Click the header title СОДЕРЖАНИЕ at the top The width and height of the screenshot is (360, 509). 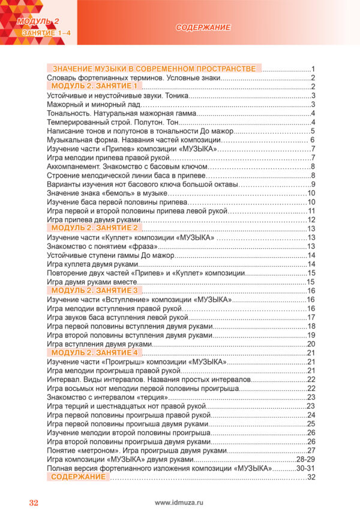[x=204, y=28]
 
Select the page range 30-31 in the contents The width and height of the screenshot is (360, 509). [x=306, y=468]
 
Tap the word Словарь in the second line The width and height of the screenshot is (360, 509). [x=62, y=78]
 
